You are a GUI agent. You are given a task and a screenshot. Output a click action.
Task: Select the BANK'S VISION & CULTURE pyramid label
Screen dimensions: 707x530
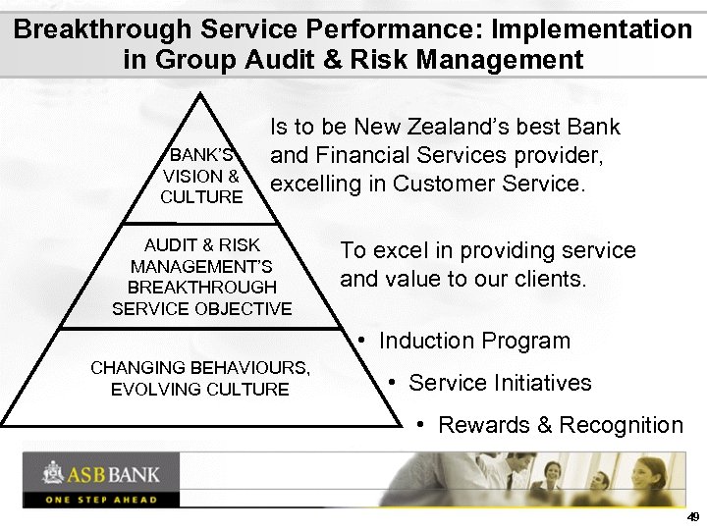(201, 176)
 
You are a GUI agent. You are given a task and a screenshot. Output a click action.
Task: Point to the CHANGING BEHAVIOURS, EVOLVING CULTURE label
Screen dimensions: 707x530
(200, 379)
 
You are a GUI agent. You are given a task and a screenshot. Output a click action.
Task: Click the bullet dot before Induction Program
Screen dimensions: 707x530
(362, 340)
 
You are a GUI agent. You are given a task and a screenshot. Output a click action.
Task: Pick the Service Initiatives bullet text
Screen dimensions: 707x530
(500, 383)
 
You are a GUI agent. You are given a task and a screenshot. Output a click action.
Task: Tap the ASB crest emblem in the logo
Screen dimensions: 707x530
(52, 474)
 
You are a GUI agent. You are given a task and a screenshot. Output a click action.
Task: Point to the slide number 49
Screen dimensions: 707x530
(693, 516)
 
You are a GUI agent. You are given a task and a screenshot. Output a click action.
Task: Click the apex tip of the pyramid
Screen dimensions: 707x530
(201, 94)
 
